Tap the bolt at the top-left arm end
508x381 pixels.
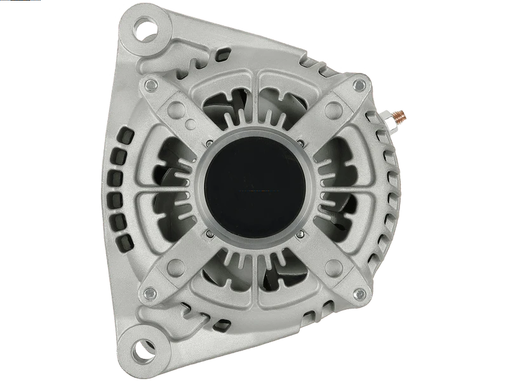coord(150,85)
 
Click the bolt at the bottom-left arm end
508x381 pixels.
coord(150,293)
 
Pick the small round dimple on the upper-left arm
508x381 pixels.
coord(190,123)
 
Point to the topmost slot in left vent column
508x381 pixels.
coord(125,135)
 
